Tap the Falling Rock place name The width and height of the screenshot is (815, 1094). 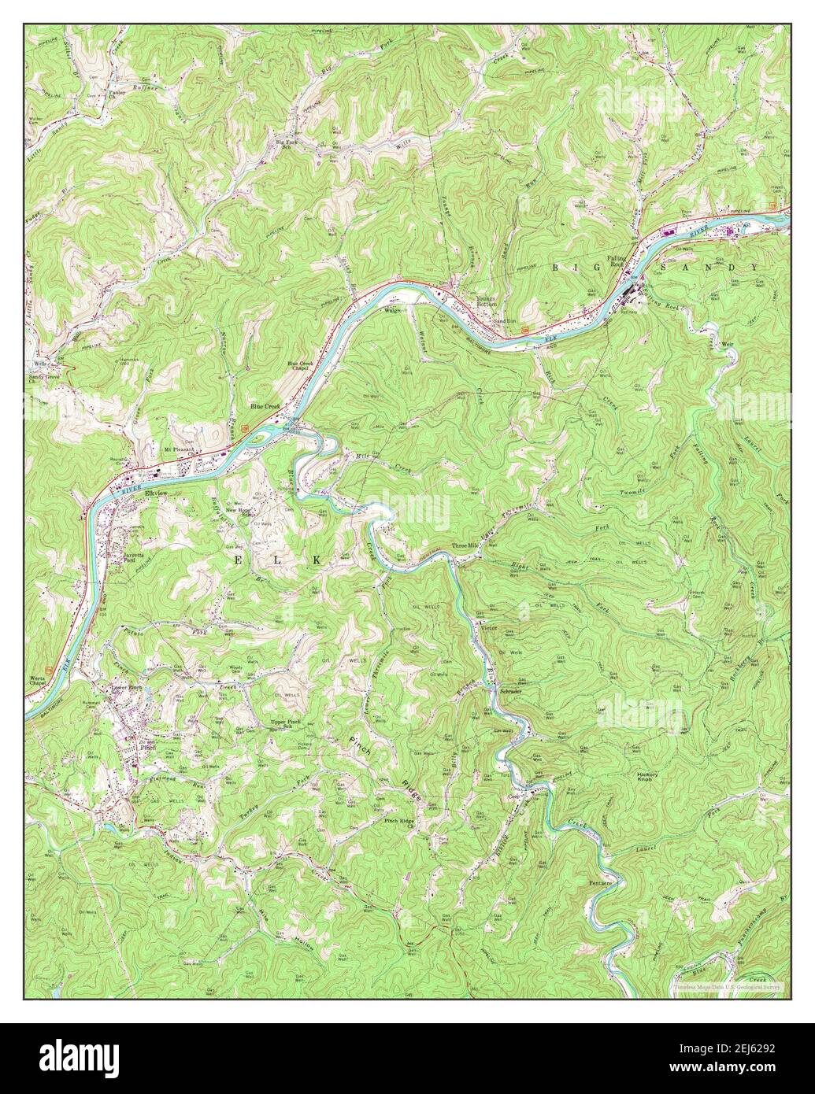pos(620,261)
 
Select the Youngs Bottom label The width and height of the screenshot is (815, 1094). pos(488,301)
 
